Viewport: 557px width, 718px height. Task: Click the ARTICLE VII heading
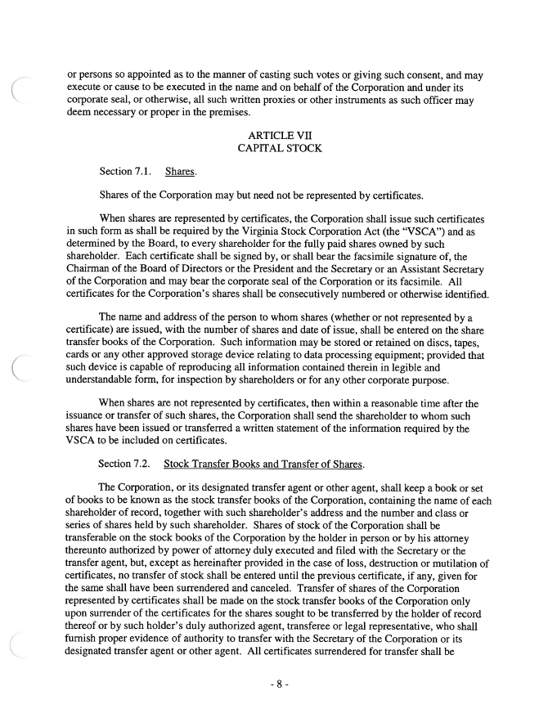pos(278,133)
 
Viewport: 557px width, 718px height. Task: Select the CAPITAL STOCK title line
pos(278,148)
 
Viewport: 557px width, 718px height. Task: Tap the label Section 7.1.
pos(127,171)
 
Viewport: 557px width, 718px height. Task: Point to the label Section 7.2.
pos(127,464)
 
